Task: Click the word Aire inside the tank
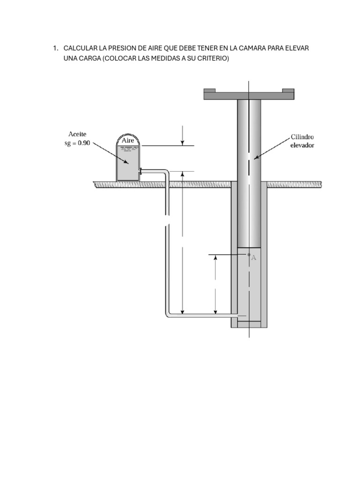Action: [127, 140]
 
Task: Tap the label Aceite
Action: [77, 134]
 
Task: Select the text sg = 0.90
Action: [77, 143]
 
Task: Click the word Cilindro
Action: [302, 137]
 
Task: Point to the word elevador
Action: [302, 145]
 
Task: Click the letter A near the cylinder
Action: [254, 258]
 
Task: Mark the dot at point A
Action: [249, 255]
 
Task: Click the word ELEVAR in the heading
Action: [297, 48]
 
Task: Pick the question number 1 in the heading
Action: [55, 48]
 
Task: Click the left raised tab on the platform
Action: [210, 90]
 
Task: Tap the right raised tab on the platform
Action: [288, 90]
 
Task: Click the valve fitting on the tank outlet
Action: [140, 171]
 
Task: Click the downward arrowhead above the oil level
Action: [182, 143]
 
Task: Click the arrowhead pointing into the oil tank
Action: [126, 162]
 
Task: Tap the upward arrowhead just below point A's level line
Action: [216, 258]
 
